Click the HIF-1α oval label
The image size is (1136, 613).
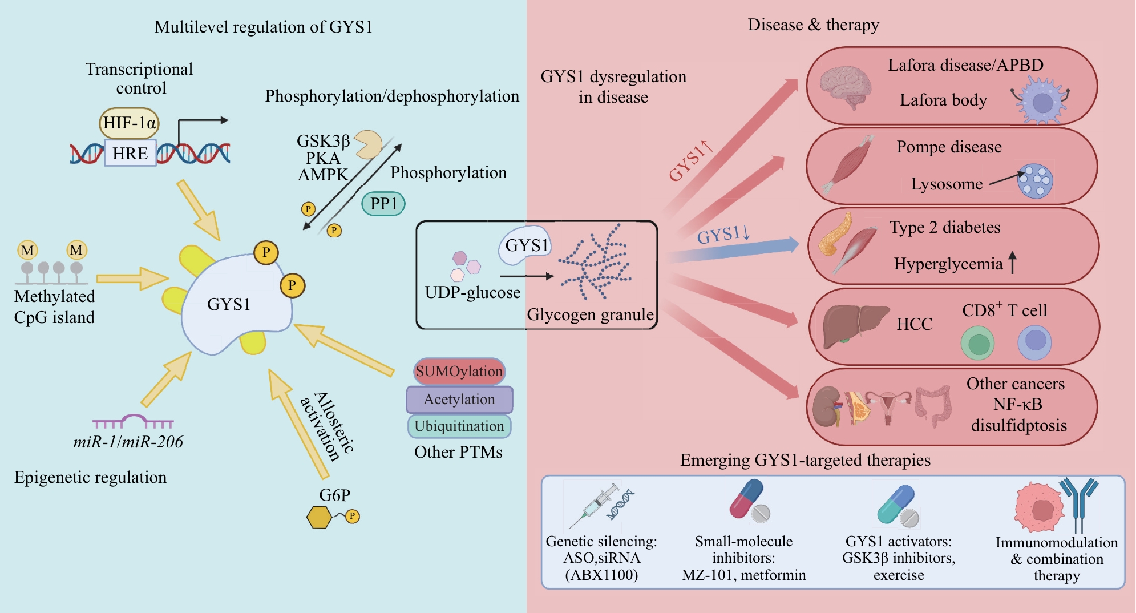tap(129, 123)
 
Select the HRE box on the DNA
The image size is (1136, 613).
tap(130, 153)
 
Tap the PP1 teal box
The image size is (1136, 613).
tap(383, 204)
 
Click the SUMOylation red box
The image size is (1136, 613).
tap(459, 372)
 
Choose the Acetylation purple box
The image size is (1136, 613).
tap(459, 400)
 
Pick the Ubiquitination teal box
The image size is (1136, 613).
tap(459, 426)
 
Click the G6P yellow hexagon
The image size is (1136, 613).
tap(319, 517)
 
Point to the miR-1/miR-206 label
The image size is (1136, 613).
tap(128, 442)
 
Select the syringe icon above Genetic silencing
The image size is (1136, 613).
tap(594, 505)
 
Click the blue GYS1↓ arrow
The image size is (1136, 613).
tap(733, 250)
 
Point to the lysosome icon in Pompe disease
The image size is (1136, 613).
tap(1036, 182)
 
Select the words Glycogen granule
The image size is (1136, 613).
tap(590, 314)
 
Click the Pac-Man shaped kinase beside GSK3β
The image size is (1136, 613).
tap(369, 144)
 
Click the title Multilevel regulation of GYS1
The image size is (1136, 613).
tap(263, 27)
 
